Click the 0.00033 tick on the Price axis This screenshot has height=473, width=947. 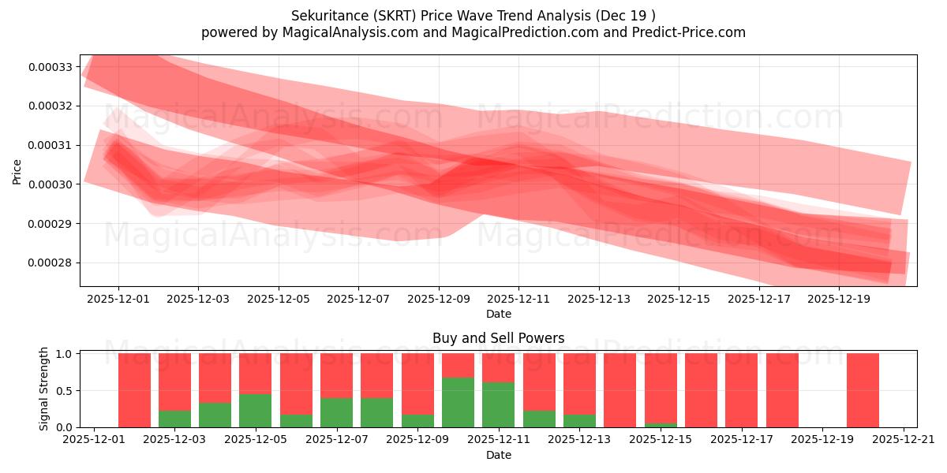tap(51, 66)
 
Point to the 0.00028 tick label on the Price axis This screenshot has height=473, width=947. tap(51, 263)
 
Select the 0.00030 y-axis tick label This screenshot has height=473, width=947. tap(51, 184)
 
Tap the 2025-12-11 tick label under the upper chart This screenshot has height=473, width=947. tap(518, 299)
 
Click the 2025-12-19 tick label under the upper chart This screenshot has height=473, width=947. tap(839, 299)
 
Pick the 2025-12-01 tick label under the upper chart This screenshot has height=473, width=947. tap(118, 299)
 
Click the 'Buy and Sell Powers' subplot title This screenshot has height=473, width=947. tap(498, 338)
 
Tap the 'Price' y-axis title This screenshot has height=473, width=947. tap(17, 170)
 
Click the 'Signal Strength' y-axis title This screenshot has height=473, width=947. tap(44, 389)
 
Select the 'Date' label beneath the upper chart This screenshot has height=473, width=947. tap(498, 314)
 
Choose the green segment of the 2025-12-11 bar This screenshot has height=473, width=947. tap(498, 404)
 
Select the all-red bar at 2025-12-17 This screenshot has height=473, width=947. tap(741, 390)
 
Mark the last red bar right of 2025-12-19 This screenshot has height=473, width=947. tap(863, 390)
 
